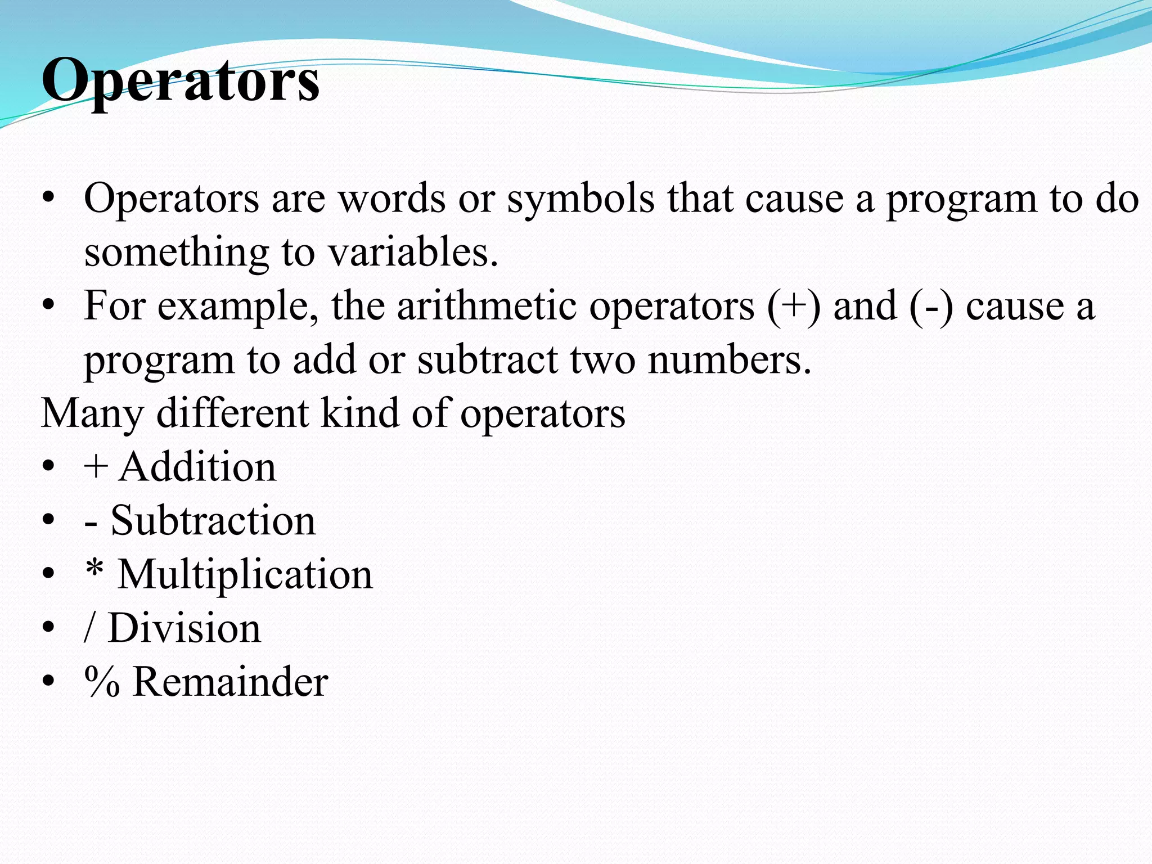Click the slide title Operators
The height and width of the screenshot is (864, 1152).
[181, 80]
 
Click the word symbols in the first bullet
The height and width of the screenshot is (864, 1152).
[580, 199]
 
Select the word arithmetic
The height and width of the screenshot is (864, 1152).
[487, 306]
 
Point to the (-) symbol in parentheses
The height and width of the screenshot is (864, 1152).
[931, 306]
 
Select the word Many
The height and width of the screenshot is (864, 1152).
[92, 413]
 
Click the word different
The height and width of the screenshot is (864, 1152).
[232, 413]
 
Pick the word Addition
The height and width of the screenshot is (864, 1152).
[197, 467]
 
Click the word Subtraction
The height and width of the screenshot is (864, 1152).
[213, 520]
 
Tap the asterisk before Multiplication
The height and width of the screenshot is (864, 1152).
[94, 570]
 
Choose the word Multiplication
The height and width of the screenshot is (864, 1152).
[245, 574]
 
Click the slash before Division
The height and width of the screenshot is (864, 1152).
[89, 628]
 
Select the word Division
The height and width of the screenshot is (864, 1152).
[184, 628]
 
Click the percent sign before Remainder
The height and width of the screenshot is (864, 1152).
[102, 682]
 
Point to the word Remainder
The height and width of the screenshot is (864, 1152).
[230, 682]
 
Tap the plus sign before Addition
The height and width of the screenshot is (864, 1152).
[96, 467]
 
